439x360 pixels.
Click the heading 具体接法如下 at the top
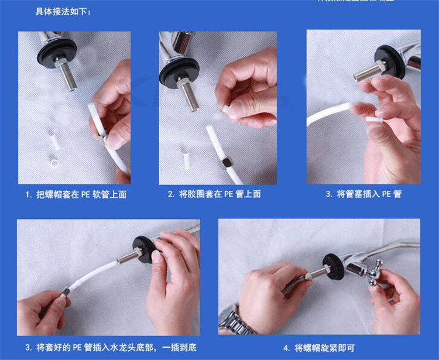(x=63, y=11)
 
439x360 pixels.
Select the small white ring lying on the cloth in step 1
(x=56, y=162)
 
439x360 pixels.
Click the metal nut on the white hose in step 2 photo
(x=224, y=164)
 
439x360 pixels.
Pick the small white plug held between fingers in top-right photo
(x=375, y=120)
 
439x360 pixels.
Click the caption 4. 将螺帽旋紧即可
(x=319, y=348)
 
